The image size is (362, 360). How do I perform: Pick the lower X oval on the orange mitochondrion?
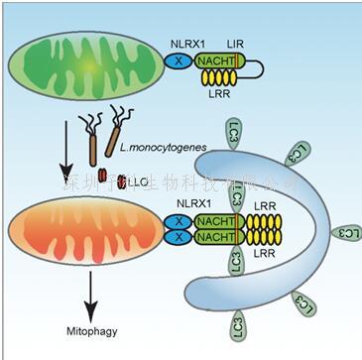[x=177, y=236]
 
